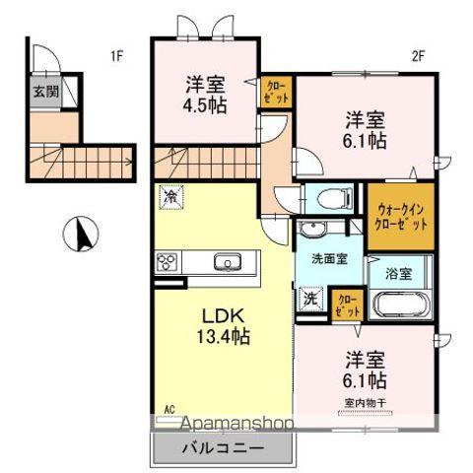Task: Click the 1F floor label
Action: [117, 56]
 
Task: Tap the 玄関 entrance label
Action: [45, 93]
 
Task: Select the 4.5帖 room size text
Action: [205, 103]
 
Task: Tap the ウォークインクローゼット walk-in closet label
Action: [401, 216]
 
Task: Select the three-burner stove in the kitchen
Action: [167, 263]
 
